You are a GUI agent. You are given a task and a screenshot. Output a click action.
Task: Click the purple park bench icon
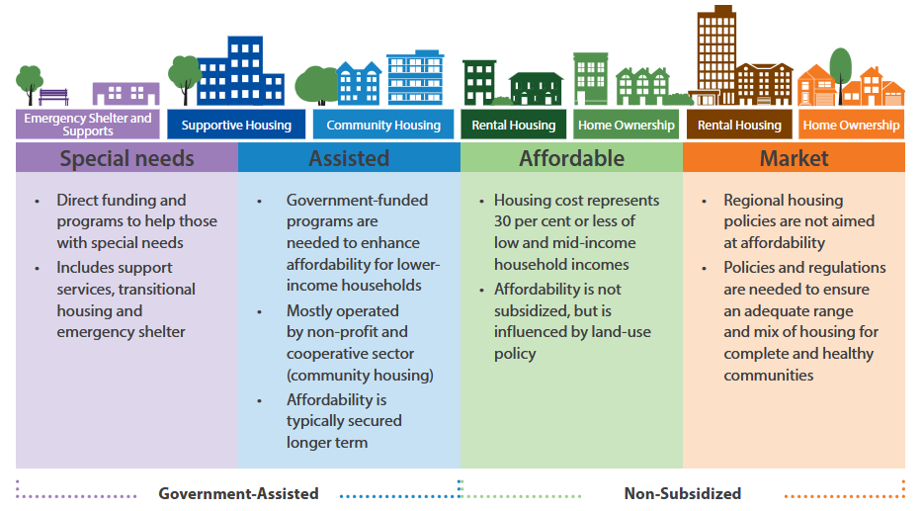click(53, 97)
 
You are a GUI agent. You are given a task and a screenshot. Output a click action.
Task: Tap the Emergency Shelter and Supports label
click(88, 125)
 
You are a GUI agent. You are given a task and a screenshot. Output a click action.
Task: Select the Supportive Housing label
click(236, 125)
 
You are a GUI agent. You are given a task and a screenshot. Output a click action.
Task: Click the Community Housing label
click(383, 125)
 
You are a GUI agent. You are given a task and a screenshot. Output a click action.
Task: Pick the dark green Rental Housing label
click(513, 125)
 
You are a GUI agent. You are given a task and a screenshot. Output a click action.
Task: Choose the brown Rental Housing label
click(739, 125)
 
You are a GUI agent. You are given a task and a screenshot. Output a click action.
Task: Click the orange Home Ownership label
click(852, 125)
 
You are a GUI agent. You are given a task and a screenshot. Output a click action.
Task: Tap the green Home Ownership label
click(627, 125)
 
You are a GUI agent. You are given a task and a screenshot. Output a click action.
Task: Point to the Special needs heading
click(127, 158)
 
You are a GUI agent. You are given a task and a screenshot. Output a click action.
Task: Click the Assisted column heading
click(349, 158)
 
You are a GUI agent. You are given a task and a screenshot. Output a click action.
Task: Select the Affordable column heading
click(571, 158)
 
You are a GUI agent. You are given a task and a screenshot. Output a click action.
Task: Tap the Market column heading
click(794, 158)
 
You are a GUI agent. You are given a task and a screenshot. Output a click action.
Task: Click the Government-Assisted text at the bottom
click(239, 493)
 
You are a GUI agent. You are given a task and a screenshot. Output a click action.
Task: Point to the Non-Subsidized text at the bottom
click(683, 493)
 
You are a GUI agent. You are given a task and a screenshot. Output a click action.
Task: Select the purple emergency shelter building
click(126, 94)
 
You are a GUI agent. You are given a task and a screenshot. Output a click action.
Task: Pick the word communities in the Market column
click(769, 376)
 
